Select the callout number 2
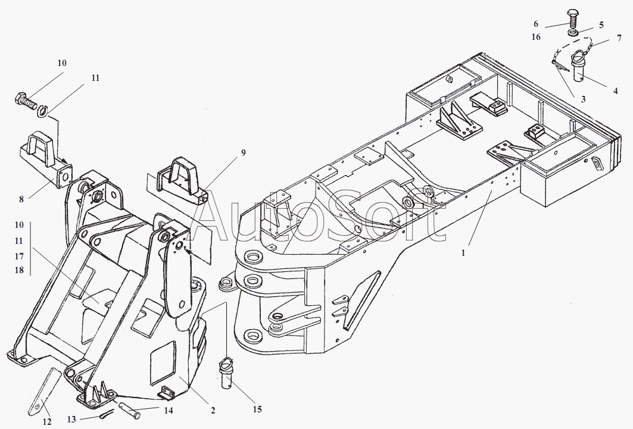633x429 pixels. [213, 410]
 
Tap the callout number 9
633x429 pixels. [242, 152]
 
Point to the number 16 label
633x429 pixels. [537, 36]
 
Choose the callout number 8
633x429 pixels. [21, 199]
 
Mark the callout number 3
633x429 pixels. [583, 99]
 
